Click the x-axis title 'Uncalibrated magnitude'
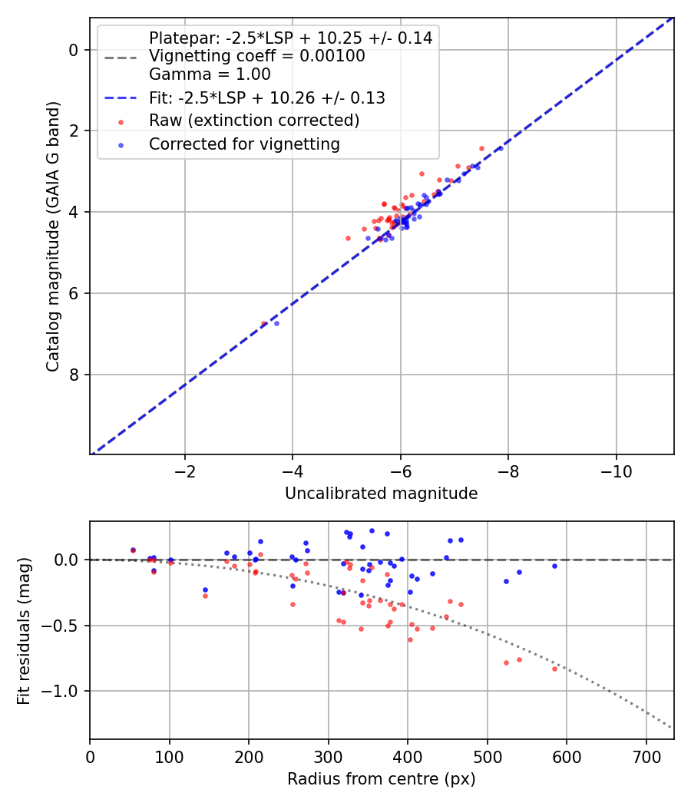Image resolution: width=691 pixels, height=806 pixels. tap(381, 494)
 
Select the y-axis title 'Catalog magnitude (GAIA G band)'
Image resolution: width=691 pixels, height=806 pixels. tap(53, 236)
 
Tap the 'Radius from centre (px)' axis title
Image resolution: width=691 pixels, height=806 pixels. tap(381, 779)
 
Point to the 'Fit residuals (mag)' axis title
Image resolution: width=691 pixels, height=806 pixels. tap(24, 631)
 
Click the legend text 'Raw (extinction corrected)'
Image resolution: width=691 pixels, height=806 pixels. tap(254, 121)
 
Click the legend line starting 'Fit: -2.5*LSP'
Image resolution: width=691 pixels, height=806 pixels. tap(267, 97)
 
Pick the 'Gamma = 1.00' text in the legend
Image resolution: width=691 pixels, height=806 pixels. tap(210, 74)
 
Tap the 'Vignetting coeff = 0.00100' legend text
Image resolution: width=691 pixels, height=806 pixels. tap(257, 56)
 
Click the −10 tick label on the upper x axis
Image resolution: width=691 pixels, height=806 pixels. tap(617, 471)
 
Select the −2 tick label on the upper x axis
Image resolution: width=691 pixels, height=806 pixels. tap(185, 471)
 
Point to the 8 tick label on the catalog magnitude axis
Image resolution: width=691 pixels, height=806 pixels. tap(73, 375)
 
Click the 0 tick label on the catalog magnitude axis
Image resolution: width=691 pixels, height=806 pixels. tap(73, 51)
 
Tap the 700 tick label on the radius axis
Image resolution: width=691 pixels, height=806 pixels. tap(646, 757)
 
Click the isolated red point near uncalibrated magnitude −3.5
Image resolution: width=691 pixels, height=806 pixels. tap(264, 324)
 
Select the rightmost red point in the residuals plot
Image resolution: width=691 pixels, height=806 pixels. tap(555, 669)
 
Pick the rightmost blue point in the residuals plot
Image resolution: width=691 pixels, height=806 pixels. tap(555, 566)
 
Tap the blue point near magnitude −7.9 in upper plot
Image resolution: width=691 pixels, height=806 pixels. tap(501, 149)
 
